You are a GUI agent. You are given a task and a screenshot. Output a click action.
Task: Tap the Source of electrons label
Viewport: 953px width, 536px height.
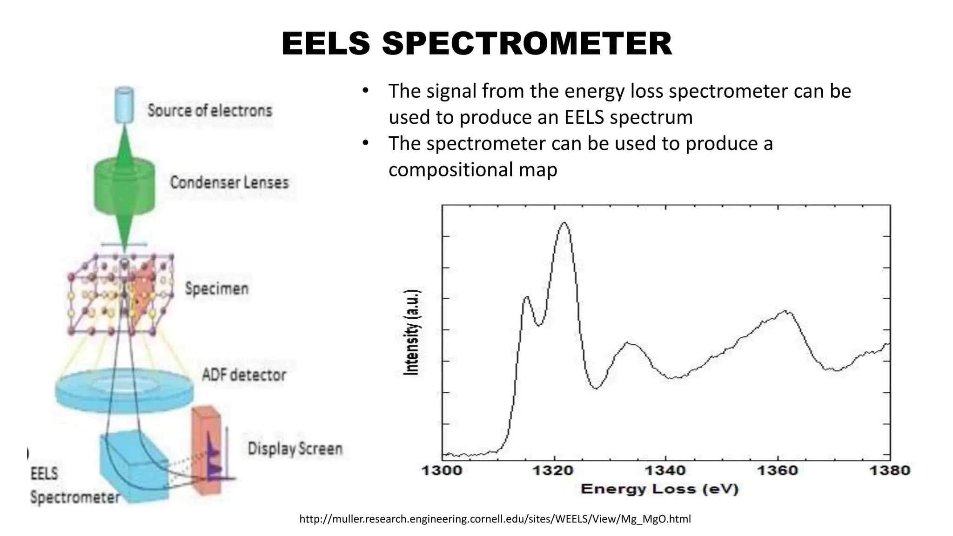tap(209, 111)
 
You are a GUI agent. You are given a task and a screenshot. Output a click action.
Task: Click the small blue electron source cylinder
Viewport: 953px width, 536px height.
tap(123, 105)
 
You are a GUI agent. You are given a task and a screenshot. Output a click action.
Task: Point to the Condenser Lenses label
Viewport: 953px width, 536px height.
tap(229, 182)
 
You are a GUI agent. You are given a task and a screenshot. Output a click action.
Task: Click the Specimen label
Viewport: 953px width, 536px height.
tap(216, 288)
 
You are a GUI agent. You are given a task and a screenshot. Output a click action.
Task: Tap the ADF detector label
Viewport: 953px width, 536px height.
tap(244, 375)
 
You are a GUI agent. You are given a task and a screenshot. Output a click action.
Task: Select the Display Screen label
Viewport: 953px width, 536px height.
tap(295, 449)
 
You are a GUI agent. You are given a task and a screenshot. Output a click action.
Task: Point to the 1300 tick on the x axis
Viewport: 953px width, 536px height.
tap(442, 470)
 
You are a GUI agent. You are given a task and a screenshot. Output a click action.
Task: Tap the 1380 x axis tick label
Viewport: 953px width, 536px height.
tap(889, 470)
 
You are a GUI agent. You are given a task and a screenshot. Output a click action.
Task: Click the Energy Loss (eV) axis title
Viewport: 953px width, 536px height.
tap(659, 489)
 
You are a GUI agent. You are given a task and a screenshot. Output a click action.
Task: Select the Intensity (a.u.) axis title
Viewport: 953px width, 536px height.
tap(411, 332)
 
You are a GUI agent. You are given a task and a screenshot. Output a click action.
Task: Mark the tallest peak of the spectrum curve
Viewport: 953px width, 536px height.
tap(564, 223)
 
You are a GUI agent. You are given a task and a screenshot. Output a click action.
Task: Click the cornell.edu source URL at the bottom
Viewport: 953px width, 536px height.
tap(495, 519)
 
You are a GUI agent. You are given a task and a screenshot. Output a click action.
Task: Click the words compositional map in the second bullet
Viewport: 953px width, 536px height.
tap(472, 170)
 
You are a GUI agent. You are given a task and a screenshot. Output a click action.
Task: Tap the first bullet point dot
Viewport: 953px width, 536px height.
tap(365, 90)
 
